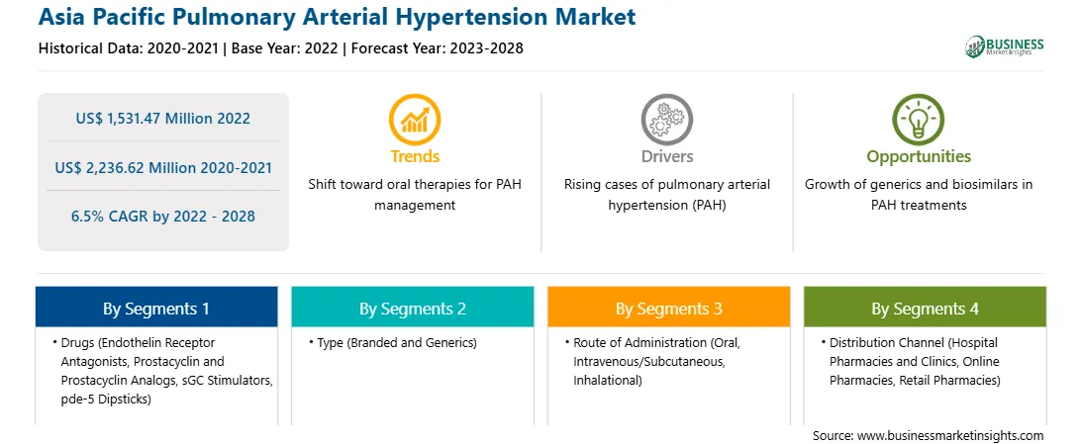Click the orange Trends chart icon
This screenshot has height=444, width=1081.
coord(415,119)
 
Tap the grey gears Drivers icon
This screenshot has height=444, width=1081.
coord(666,119)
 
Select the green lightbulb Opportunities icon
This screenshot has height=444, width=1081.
coord(919,119)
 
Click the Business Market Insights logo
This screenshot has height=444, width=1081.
coord(1005,46)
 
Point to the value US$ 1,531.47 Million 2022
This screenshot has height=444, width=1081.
coord(162,119)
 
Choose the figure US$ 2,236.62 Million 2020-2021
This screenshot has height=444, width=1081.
coord(162,167)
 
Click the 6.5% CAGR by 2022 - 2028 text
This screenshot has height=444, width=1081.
coord(162,217)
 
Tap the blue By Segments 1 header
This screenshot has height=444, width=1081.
coord(156,309)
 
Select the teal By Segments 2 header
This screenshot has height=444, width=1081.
coord(412,309)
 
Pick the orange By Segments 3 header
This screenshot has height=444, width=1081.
coord(669,309)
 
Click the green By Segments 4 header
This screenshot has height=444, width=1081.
coord(926,309)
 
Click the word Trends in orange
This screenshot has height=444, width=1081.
coord(415,156)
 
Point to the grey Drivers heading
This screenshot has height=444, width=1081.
coord(667,156)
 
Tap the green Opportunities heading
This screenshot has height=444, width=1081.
coord(919,157)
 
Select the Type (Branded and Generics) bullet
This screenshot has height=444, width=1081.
coord(392,343)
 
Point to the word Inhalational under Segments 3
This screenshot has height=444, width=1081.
coord(608,381)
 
